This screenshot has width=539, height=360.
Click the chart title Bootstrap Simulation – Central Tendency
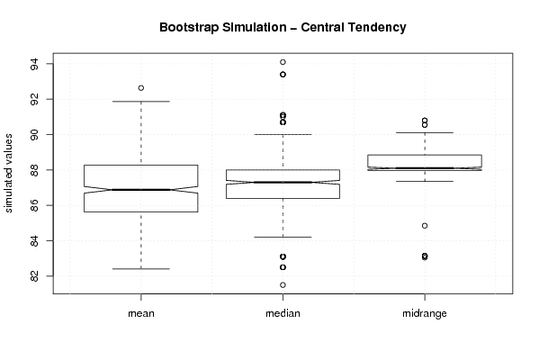tap(283, 27)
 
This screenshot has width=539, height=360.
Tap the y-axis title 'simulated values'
tap(8, 174)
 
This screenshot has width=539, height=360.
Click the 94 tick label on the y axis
tap(35, 64)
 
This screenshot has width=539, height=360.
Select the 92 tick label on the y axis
tap(35, 99)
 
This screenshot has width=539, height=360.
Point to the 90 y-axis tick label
tap(35, 134)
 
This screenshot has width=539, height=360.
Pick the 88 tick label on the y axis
tap(35, 170)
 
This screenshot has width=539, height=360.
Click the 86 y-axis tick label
tap(35, 205)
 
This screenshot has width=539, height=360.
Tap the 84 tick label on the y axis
tap(35, 240)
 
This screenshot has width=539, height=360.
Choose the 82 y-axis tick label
tap(35, 276)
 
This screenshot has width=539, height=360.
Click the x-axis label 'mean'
tap(141, 313)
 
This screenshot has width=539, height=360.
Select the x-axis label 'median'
tap(283, 313)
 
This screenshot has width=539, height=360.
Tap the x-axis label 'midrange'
tap(425, 313)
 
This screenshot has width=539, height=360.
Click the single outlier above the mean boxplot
tap(141, 88)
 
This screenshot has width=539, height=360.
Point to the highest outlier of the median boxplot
tap(283, 62)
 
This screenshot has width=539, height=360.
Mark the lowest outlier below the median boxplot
tap(283, 285)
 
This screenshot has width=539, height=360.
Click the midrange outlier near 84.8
tap(425, 226)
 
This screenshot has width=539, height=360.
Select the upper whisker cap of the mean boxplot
tap(141, 102)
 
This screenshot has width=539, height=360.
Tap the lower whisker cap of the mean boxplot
tap(141, 269)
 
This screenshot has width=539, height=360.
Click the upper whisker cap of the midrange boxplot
tap(425, 132)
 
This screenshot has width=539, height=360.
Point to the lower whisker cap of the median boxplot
tap(283, 238)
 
